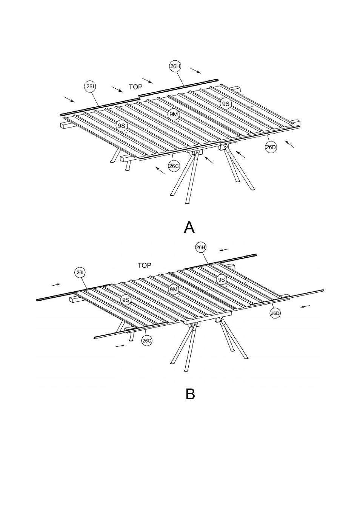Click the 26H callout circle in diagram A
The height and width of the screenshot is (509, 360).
pyautogui.click(x=175, y=66)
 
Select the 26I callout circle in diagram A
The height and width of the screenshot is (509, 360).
pyautogui.click(x=90, y=86)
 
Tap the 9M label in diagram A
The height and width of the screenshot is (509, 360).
pyautogui.click(x=174, y=114)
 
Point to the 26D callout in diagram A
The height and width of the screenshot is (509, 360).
pyautogui.click(x=271, y=147)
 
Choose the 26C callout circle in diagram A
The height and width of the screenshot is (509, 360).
pyautogui.click(x=174, y=166)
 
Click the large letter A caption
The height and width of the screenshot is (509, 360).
pyautogui.click(x=189, y=227)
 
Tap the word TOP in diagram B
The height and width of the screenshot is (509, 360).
pyautogui.click(x=145, y=265)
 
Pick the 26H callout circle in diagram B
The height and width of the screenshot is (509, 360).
pyautogui.click(x=201, y=248)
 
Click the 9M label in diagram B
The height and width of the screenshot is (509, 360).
pyautogui.click(x=174, y=289)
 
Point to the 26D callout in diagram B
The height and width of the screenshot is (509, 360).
pyautogui.click(x=275, y=313)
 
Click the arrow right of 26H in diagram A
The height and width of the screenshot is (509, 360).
pyautogui.click(x=195, y=71)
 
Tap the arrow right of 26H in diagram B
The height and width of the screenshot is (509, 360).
pyautogui.click(x=224, y=250)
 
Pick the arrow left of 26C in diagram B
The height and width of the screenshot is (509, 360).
pyautogui.click(x=120, y=346)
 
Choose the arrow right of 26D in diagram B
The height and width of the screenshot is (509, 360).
pyautogui.click(x=305, y=306)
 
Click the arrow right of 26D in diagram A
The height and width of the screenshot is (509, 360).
pyautogui.click(x=289, y=144)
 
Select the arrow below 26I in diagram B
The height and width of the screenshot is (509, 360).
pyautogui.click(x=56, y=284)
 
